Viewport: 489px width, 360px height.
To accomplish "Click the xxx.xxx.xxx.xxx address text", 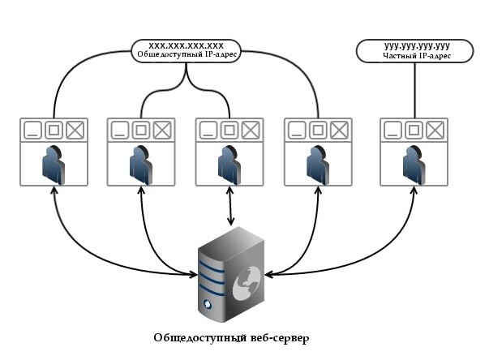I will coord(187,45).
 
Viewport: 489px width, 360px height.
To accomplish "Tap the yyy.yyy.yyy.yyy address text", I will coord(415,47).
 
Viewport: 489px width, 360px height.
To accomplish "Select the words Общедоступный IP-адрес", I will coord(187,55).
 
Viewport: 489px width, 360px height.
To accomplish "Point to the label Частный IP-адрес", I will coord(415,57).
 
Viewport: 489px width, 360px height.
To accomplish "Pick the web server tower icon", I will coord(233,272).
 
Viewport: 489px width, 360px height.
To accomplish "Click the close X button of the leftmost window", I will coord(75,130).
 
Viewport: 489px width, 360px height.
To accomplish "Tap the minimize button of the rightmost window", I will coord(393,130).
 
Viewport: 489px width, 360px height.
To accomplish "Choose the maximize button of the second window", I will coord(141,130).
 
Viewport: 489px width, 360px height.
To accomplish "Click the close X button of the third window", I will coord(251,130).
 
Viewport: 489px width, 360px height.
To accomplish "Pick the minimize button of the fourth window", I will coord(297,130).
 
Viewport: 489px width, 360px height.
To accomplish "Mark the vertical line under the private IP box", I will coord(415,90).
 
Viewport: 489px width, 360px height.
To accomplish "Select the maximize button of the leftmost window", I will coord(54,130).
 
